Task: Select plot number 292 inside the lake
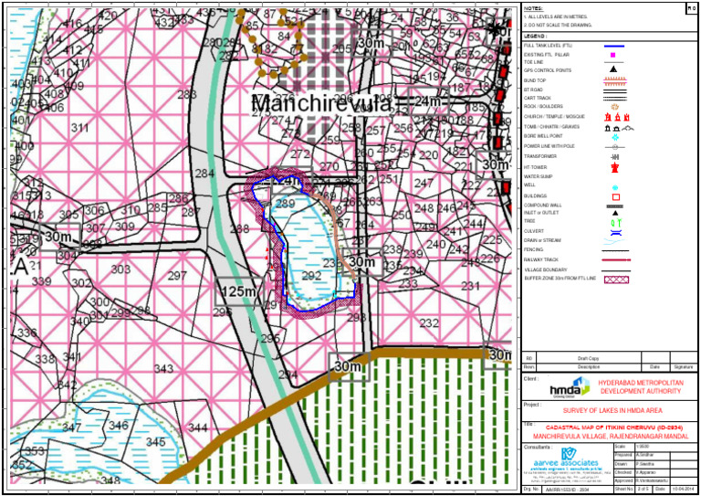pyautogui.click(x=312, y=276)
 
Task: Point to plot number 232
pyautogui.click(x=429, y=323)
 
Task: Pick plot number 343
pyautogui.click(x=163, y=369)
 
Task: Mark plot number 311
pyautogui.click(x=80, y=128)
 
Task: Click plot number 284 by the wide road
pyautogui.click(x=205, y=174)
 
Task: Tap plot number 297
pyautogui.click(x=177, y=276)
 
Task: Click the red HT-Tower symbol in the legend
pyautogui.click(x=614, y=168)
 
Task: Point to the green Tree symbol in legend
pyautogui.click(x=614, y=221)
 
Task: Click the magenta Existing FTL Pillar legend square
pyautogui.click(x=614, y=55)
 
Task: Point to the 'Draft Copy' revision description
pyautogui.click(x=588, y=358)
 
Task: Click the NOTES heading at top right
pyautogui.click(x=534, y=6)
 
